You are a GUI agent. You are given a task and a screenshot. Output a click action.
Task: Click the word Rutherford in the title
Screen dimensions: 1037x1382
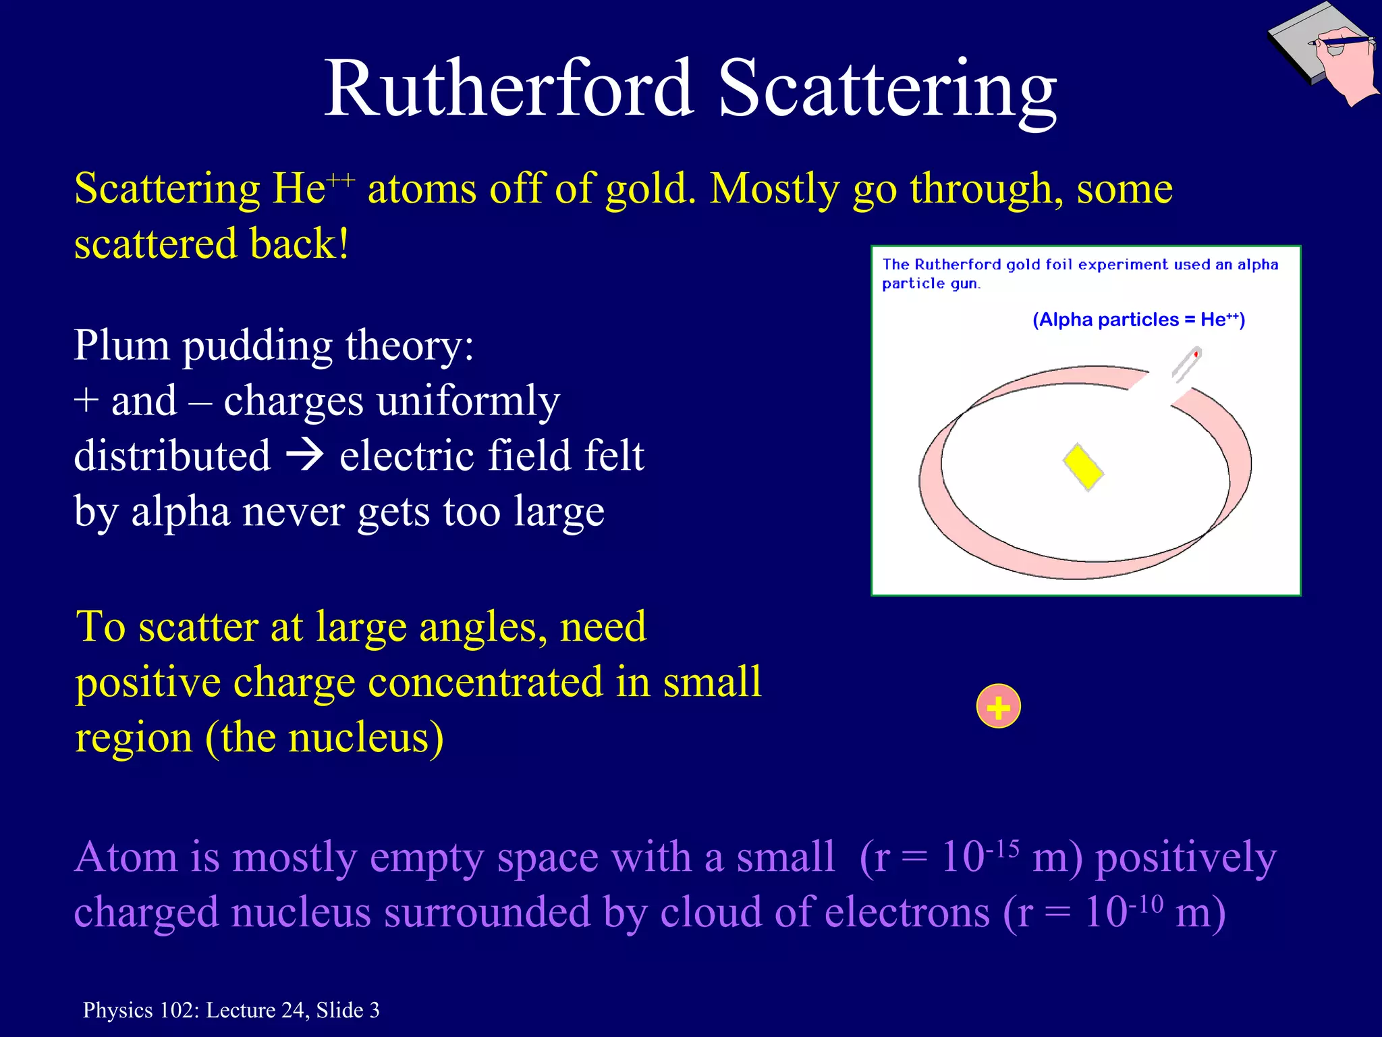[x=509, y=88]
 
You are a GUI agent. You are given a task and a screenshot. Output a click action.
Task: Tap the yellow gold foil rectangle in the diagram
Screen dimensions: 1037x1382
[x=1083, y=467]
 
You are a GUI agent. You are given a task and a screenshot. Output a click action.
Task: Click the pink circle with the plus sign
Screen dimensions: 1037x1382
[x=998, y=707]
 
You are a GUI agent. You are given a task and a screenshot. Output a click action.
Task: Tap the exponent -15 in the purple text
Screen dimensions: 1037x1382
[x=1002, y=848]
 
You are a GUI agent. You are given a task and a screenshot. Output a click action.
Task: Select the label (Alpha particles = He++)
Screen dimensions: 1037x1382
[x=1138, y=319]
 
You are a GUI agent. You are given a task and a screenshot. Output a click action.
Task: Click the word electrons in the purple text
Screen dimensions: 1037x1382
[x=907, y=913]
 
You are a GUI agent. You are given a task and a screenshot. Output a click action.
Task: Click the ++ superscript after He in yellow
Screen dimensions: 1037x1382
[x=341, y=180]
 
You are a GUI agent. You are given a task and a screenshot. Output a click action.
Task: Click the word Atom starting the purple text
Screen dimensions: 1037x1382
[x=126, y=857]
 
